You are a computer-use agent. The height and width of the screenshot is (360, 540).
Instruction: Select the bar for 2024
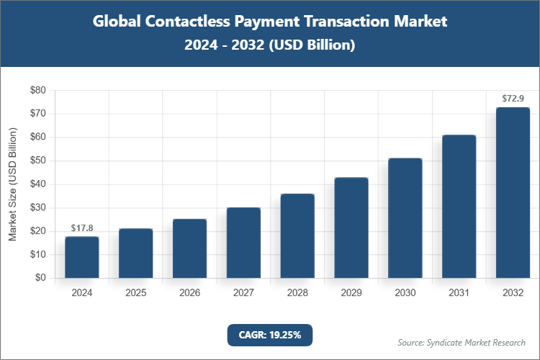pos(81,257)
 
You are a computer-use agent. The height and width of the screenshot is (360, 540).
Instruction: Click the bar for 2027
pos(243,243)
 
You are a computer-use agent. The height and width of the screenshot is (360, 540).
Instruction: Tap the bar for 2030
pos(405,218)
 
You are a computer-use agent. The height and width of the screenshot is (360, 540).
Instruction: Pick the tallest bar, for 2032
pos(513,193)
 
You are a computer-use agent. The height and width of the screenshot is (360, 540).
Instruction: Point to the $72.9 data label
pos(513,98)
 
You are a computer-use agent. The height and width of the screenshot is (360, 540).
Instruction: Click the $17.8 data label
pos(81,228)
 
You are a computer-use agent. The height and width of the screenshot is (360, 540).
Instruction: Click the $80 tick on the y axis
pos(37,91)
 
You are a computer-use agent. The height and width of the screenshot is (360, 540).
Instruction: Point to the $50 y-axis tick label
pos(37,161)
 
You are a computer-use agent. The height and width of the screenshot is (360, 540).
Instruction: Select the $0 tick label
pos(40,278)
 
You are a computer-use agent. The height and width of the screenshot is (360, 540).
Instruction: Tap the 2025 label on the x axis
pos(135,293)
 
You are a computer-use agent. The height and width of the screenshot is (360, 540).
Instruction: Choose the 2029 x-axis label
pos(351,293)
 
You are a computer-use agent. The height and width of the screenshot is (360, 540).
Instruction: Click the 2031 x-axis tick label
pos(459,293)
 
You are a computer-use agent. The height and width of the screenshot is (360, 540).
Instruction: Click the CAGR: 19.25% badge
pos(269,334)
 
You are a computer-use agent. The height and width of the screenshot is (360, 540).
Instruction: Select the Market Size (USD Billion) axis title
pos(12,184)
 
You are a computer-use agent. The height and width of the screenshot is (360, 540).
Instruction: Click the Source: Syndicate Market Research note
pos(462,342)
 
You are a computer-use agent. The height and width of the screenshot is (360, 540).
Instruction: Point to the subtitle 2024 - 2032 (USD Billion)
pos(270,45)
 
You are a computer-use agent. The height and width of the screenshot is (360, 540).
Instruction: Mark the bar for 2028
pos(297,235)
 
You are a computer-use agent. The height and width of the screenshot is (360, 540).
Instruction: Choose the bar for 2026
pos(189,248)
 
